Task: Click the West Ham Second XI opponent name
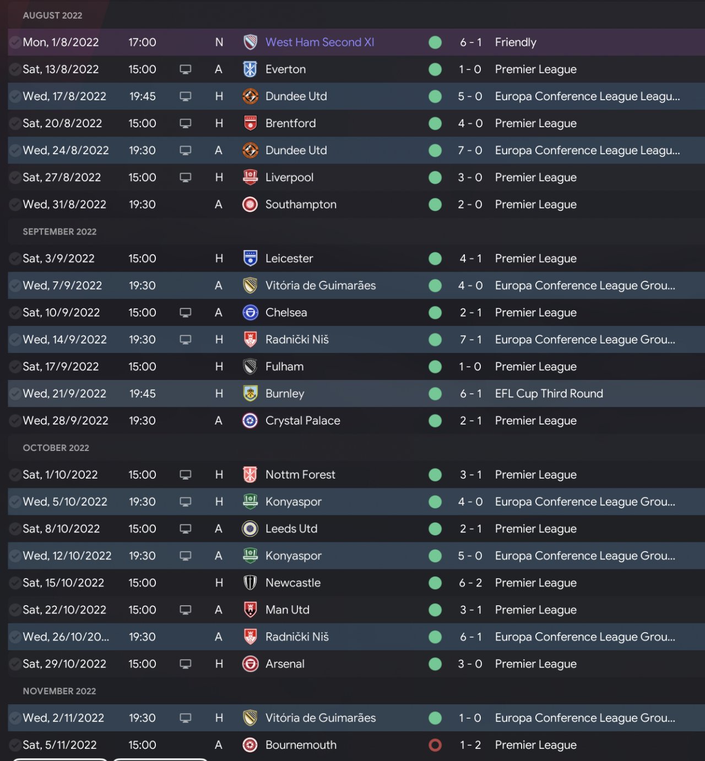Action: (319, 42)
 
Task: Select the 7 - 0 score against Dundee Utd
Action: (470, 150)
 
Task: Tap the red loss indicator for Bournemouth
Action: (435, 745)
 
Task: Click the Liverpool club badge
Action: (250, 177)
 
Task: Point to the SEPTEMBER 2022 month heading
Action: (59, 232)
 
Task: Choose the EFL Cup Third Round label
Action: (549, 394)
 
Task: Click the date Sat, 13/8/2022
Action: (61, 69)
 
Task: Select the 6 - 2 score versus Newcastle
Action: (470, 583)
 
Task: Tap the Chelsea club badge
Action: (250, 313)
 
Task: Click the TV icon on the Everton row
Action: (186, 69)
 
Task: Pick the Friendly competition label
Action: (516, 42)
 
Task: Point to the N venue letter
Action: (219, 42)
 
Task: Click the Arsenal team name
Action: (285, 664)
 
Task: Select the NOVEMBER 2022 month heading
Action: (59, 691)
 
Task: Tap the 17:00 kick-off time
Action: (142, 42)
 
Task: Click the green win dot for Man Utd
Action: (435, 610)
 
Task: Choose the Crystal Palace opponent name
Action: (302, 421)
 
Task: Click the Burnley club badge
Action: (250, 394)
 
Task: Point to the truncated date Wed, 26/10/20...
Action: (66, 637)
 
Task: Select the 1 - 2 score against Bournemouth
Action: (470, 745)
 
